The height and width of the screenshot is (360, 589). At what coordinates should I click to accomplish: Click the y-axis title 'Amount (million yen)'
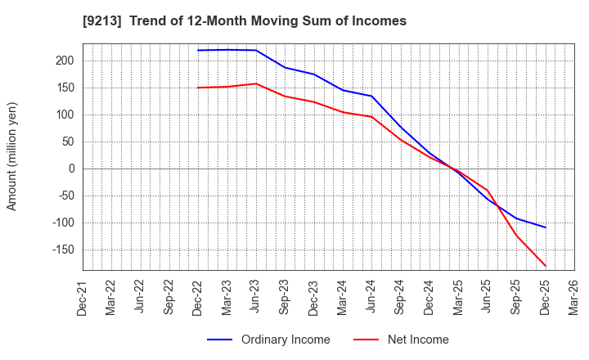12,156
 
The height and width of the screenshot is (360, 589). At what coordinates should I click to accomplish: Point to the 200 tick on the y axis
65,61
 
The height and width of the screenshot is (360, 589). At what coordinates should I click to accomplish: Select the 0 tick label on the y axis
71,169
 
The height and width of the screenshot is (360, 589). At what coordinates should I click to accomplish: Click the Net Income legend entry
417,340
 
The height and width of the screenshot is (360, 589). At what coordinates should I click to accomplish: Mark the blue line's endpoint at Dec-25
546,227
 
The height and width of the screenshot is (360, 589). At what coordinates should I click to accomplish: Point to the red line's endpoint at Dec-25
546,266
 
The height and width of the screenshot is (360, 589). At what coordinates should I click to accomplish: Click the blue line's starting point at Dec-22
198,51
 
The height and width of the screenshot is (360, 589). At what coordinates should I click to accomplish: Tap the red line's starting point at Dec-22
198,88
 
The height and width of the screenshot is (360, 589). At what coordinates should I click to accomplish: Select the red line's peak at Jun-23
256,83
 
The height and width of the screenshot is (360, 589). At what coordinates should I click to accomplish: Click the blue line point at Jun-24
371,97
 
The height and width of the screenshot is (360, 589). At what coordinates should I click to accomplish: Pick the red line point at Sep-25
516,235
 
